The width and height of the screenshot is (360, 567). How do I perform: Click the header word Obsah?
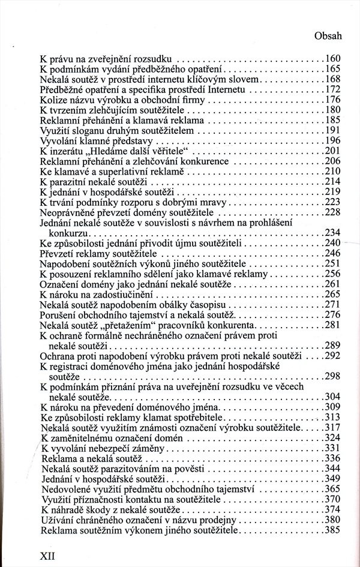(328, 35)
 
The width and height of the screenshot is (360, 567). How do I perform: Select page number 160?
(332, 59)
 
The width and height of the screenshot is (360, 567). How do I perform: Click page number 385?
(332, 531)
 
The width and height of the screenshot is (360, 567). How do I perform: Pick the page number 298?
(332, 376)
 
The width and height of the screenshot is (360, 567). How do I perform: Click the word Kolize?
(52, 100)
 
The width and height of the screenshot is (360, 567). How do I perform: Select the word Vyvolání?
(58, 140)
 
